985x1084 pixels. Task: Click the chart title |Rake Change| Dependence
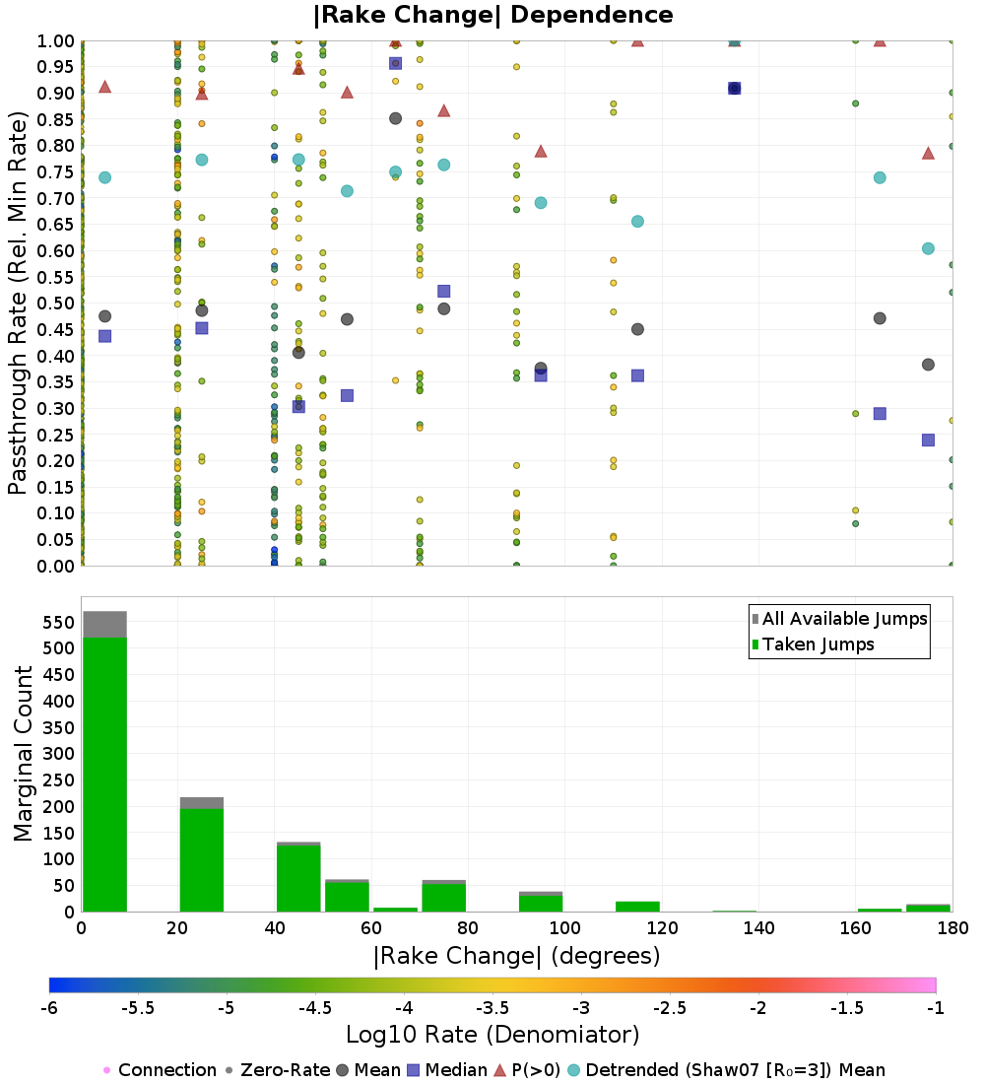(492, 15)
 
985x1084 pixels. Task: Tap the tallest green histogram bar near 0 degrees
(105, 775)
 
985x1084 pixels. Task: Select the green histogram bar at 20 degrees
(202, 860)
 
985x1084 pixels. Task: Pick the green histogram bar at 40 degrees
(298, 878)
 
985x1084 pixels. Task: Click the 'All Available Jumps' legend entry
(839, 619)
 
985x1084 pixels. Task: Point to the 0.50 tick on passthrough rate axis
(55, 304)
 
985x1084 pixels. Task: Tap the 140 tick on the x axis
(759, 927)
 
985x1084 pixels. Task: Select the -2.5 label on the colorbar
(670, 1008)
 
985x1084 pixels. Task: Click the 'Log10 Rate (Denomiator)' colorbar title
(492, 1034)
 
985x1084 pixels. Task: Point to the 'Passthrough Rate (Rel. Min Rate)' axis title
(18, 303)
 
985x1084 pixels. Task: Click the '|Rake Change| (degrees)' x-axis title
(517, 956)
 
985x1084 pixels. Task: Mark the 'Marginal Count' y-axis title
(23, 754)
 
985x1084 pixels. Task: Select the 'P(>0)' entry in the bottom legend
(527, 1070)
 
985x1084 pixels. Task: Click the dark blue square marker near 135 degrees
(734, 89)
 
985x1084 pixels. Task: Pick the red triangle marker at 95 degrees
(541, 152)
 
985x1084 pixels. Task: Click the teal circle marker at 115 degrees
(637, 221)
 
